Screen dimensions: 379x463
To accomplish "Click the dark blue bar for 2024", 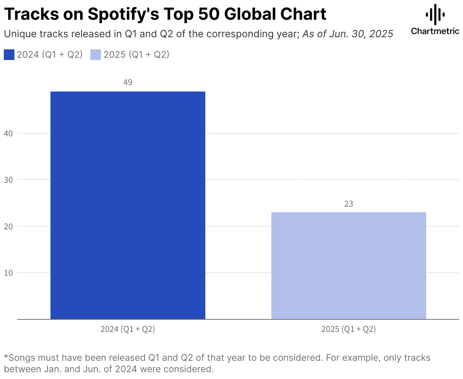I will (128, 205).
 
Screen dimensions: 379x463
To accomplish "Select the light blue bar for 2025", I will (348, 265).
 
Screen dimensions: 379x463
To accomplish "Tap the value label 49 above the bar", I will (128, 82).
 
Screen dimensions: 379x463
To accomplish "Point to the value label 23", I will (348, 204).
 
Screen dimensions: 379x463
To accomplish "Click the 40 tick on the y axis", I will (9, 133).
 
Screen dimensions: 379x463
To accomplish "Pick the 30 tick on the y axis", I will (9, 180).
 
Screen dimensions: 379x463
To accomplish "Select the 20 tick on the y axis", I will (9, 226).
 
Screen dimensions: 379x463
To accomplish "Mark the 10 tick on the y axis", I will (9, 273).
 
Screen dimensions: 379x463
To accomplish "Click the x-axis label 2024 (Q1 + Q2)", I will (128, 329).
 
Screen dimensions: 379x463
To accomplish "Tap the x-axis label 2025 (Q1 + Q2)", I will (348, 329).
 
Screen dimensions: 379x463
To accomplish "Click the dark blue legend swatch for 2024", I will (9, 55).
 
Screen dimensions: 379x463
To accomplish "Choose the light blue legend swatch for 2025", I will (96, 55).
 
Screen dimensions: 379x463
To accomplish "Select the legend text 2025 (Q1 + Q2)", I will (136, 55).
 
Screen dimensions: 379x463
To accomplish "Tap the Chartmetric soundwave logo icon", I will (435, 14).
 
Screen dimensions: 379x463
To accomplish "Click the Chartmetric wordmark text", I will (435, 31).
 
